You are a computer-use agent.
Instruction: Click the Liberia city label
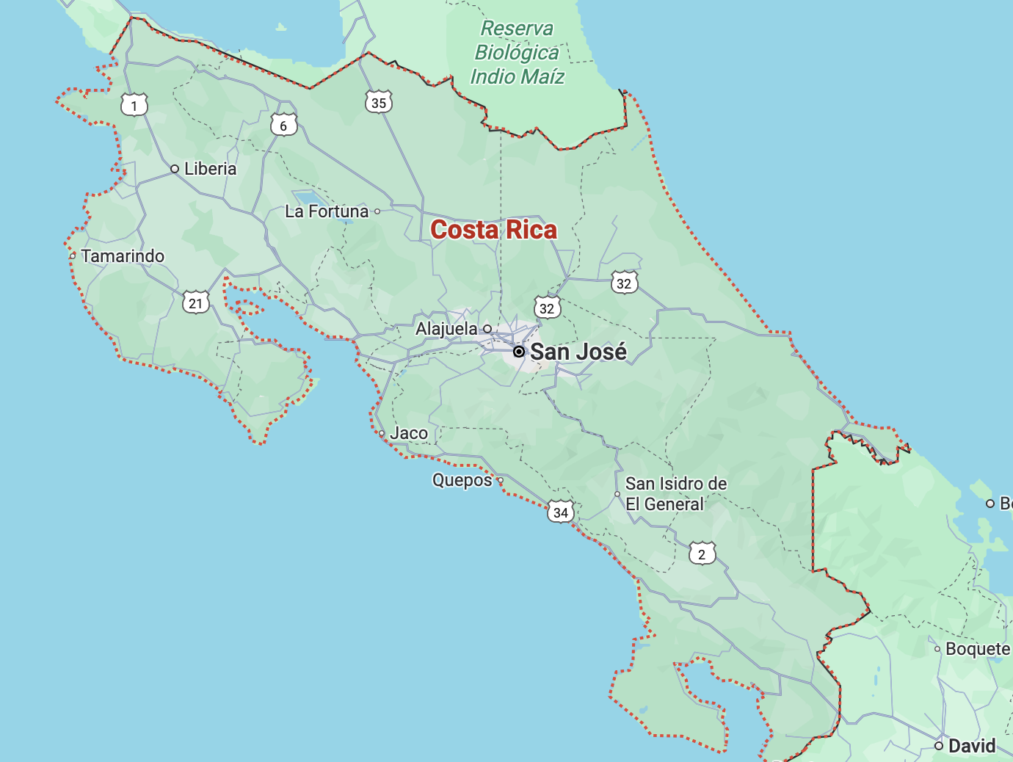point(210,169)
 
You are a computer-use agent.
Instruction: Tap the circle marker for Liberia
point(175,169)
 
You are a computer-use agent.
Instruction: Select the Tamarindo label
point(123,256)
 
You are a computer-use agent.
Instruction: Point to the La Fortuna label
point(327,211)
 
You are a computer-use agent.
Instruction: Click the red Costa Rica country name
point(493,230)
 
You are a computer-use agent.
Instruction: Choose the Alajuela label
point(446,329)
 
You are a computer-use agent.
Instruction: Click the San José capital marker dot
point(519,352)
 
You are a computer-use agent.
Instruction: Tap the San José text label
point(578,352)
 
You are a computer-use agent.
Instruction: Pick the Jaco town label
point(409,433)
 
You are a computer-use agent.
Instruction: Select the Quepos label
point(462,480)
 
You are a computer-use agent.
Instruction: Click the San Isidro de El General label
point(676,494)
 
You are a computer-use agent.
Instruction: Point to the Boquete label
point(978,649)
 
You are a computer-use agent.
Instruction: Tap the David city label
point(972,746)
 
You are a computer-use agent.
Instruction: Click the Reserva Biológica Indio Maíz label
point(518,53)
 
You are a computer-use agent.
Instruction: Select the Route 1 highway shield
point(134,106)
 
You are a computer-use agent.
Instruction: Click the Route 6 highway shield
point(283,126)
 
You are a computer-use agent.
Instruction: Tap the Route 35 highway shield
point(379,103)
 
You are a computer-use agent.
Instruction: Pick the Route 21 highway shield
point(195,303)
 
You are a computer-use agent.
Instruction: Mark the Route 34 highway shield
point(561,512)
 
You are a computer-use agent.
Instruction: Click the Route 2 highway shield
point(702,554)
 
